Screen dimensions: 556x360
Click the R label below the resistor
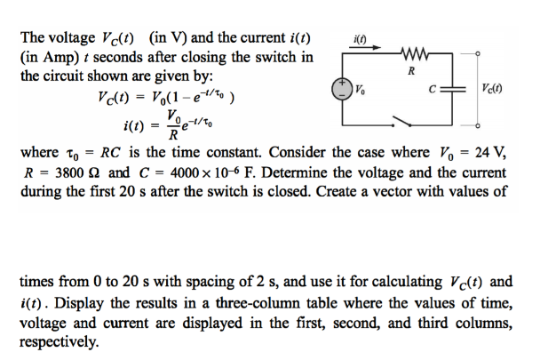tap(410, 70)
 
